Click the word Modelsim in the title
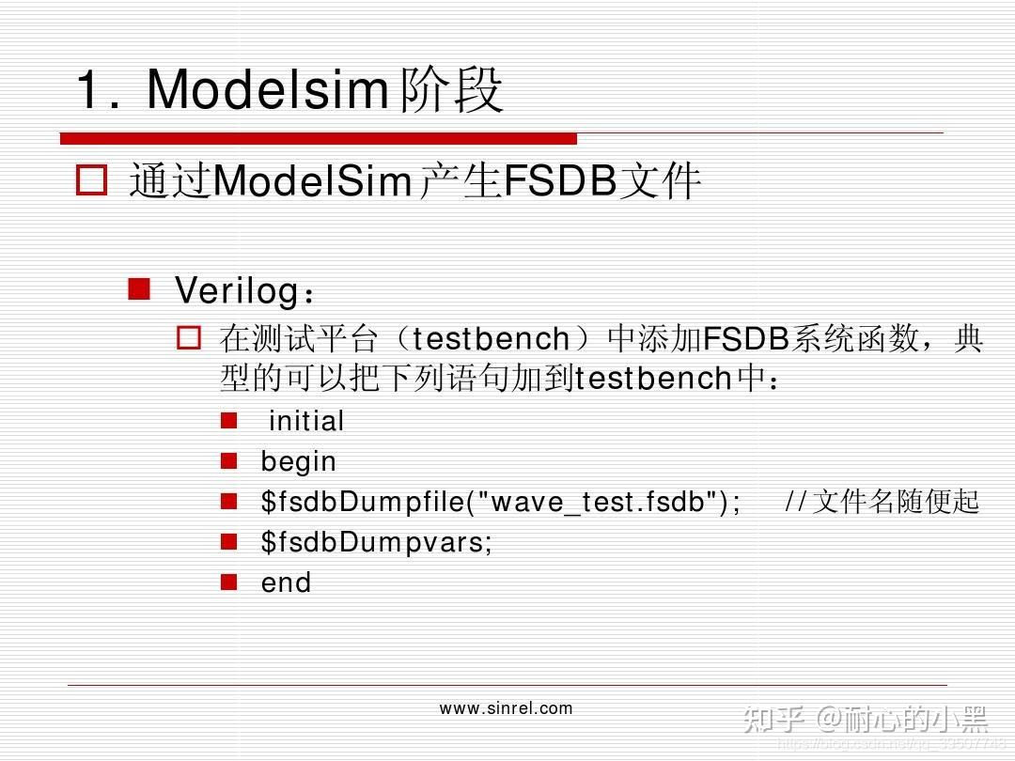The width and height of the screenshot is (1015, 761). pyautogui.click(x=267, y=90)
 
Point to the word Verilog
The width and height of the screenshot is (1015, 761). pyautogui.click(x=236, y=290)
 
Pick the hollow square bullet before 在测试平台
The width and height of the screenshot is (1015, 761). pyautogui.click(x=190, y=337)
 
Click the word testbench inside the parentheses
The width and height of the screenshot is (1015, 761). pyautogui.click(x=492, y=338)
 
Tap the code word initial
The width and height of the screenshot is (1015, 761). pyautogui.click(x=306, y=421)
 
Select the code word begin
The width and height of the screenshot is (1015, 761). pyautogui.click(x=298, y=461)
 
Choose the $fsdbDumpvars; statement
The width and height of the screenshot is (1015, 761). pyautogui.click(x=376, y=542)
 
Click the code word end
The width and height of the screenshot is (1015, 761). pyautogui.click(x=286, y=582)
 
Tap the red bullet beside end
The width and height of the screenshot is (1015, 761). pyautogui.click(x=228, y=582)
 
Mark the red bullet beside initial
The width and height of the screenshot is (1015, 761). pyautogui.click(x=228, y=420)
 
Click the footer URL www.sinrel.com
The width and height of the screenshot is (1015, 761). pyautogui.click(x=506, y=708)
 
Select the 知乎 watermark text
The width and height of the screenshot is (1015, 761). pyautogui.click(x=773, y=720)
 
